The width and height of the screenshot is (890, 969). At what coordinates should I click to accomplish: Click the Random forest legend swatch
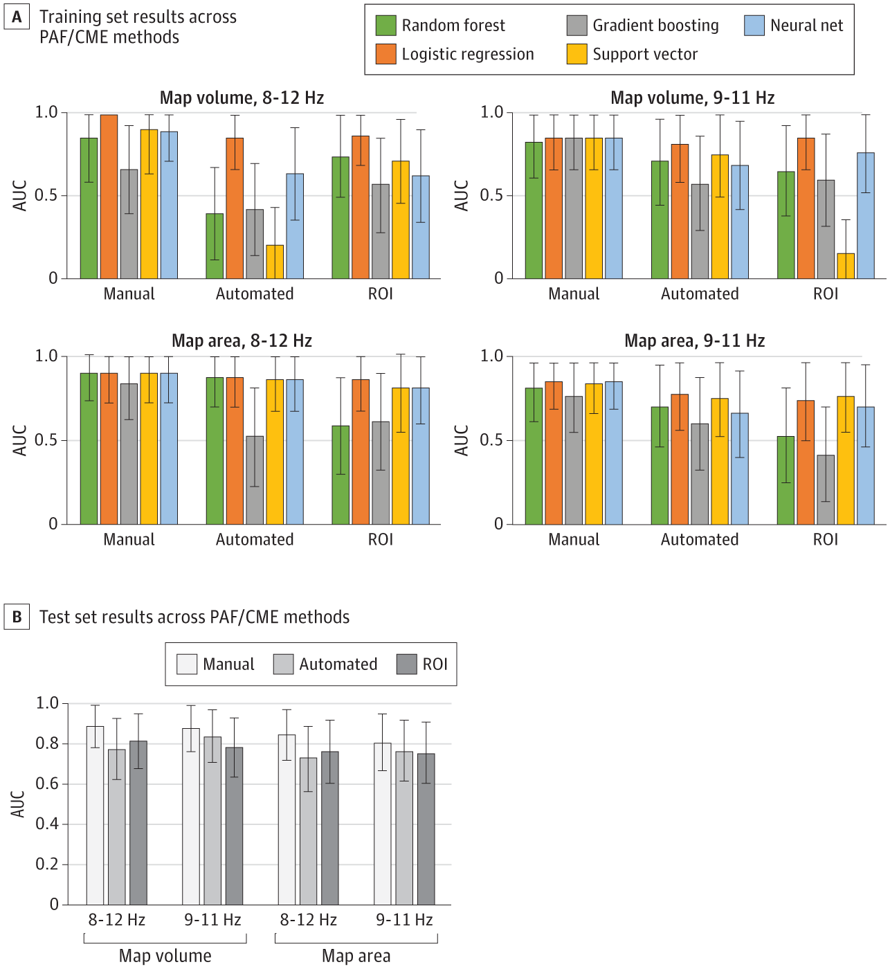pyautogui.click(x=385, y=26)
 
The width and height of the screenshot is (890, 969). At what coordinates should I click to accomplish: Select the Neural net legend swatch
pyautogui.click(x=754, y=26)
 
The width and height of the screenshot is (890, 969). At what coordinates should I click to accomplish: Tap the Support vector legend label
pyautogui.click(x=645, y=55)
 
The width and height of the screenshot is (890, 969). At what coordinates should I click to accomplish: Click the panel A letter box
pyautogui.click(x=17, y=17)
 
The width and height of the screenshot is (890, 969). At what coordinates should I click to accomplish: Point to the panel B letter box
pyautogui.click(x=17, y=617)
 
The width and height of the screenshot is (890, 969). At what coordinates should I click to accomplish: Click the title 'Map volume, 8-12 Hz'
pyautogui.click(x=242, y=98)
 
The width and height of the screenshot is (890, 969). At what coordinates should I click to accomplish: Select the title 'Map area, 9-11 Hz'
pyautogui.click(x=694, y=341)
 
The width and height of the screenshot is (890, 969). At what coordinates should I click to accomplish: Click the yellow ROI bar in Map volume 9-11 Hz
pyautogui.click(x=846, y=266)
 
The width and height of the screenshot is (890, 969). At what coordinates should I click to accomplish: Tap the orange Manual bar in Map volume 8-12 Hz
pyautogui.click(x=109, y=197)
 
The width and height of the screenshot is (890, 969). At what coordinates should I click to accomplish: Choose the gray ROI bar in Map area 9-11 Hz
pyautogui.click(x=826, y=489)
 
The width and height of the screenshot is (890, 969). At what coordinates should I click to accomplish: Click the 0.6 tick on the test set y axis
pyautogui.click(x=47, y=784)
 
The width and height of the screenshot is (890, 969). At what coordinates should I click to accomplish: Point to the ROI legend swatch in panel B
pyautogui.click(x=407, y=664)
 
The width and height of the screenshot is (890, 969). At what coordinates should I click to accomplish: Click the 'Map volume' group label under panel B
pyautogui.click(x=165, y=956)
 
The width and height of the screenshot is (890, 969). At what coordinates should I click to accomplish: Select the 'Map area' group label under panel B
pyautogui.click(x=356, y=956)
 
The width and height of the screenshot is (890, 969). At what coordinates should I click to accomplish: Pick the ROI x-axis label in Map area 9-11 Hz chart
pyautogui.click(x=826, y=540)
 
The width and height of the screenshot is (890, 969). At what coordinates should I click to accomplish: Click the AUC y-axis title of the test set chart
pyautogui.click(x=18, y=804)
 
